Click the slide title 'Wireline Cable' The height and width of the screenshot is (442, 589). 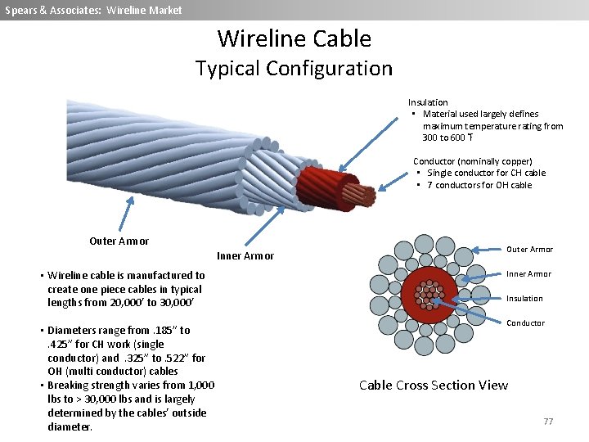coord(294,38)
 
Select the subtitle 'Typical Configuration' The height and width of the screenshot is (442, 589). coord(294,68)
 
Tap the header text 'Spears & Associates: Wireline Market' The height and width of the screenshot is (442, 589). coord(93,10)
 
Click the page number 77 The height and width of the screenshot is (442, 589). coord(548,421)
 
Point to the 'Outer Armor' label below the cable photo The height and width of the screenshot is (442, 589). coord(119,241)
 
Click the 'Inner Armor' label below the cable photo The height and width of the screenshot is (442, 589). coord(245,256)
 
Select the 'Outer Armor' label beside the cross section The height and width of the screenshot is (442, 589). coord(529,250)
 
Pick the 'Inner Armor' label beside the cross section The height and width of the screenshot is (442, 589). coord(528,274)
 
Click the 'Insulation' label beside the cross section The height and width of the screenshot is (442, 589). coord(524,299)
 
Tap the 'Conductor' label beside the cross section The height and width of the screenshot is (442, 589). coord(525,323)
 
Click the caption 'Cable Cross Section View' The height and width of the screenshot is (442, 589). coord(434,385)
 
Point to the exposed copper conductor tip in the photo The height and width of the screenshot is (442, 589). coord(360,194)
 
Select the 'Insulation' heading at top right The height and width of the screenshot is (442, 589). coord(428,102)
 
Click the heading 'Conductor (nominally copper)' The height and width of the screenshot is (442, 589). coord(473,161)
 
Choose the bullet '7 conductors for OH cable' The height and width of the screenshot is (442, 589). coord(479,185)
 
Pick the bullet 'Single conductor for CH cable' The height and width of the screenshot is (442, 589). coord(486,173)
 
